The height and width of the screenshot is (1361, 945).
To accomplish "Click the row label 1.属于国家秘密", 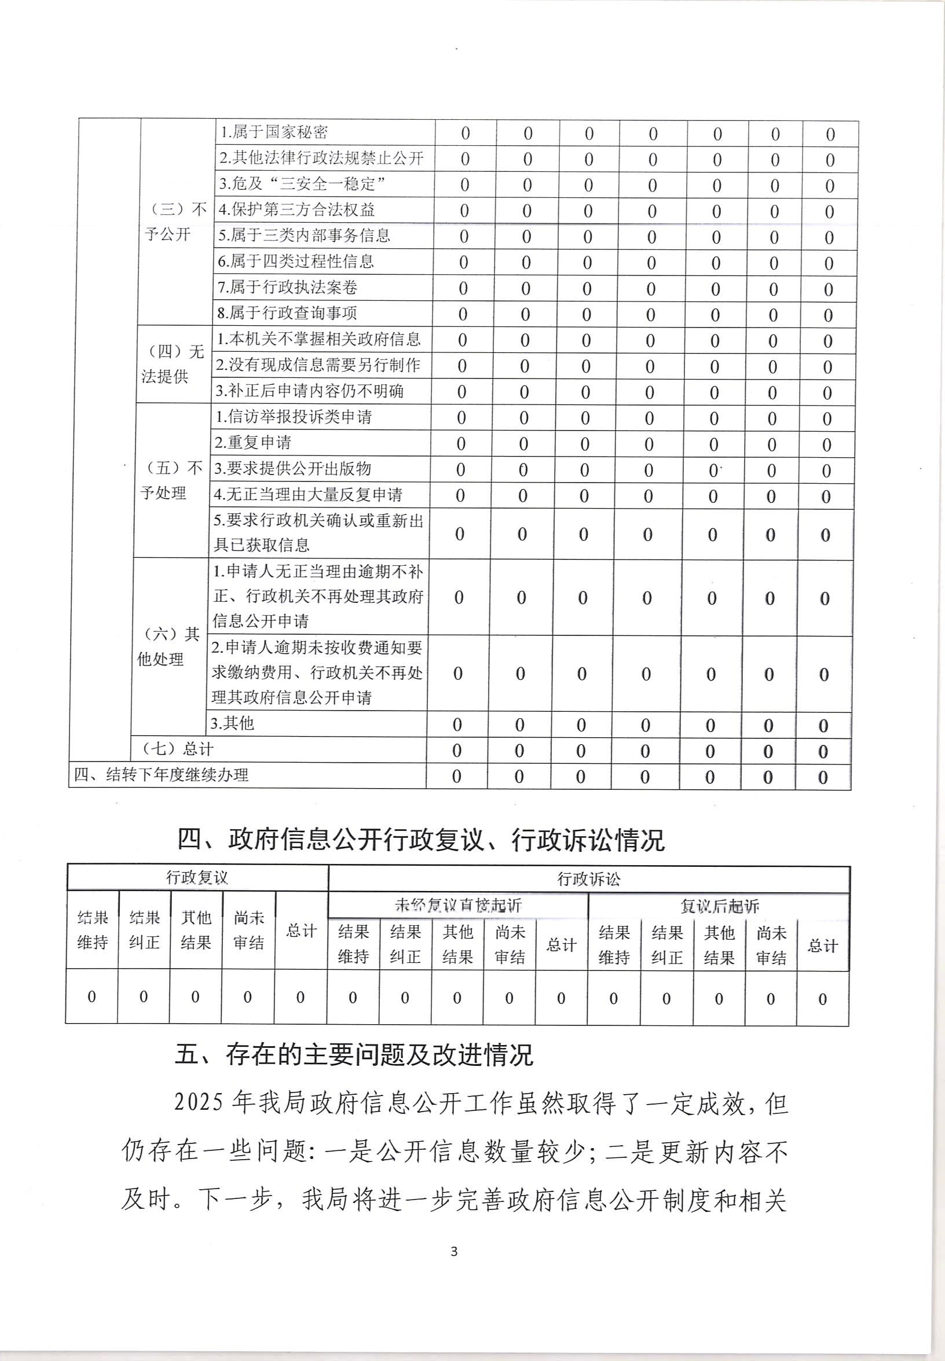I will (x=273, y=132).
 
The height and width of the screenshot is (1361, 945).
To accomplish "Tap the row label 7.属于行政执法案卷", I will (x=288, y=288).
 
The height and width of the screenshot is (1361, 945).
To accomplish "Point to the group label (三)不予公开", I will (x=176, y=222).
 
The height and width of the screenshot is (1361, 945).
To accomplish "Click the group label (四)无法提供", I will (x=173, y=365).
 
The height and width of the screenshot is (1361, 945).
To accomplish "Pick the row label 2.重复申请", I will (x=253, y=443).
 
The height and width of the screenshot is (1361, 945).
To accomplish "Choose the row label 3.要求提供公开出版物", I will (x=292, y=469).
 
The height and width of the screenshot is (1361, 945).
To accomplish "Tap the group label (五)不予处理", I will (x=171, y=480).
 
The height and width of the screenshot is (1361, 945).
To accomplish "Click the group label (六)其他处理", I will (x=168, y=647).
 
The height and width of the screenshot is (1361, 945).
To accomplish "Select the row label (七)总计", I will (x=178, y=749).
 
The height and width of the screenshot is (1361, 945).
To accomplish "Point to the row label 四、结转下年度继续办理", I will (x=161, y=775).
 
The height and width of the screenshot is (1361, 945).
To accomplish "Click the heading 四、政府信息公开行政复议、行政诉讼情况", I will (x=421, y=840).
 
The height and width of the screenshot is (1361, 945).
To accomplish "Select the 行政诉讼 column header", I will (x=588, y=880).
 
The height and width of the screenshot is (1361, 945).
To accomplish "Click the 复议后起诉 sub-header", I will (x=719, y=906).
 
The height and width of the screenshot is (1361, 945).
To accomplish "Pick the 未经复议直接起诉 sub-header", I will (x=457, y=906).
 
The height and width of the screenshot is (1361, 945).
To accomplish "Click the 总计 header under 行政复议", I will (x=301, y=931).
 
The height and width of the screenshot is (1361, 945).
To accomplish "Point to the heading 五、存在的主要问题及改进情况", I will (x=354, y=1055).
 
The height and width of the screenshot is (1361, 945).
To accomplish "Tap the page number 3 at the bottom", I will (x=454, y=1252).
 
